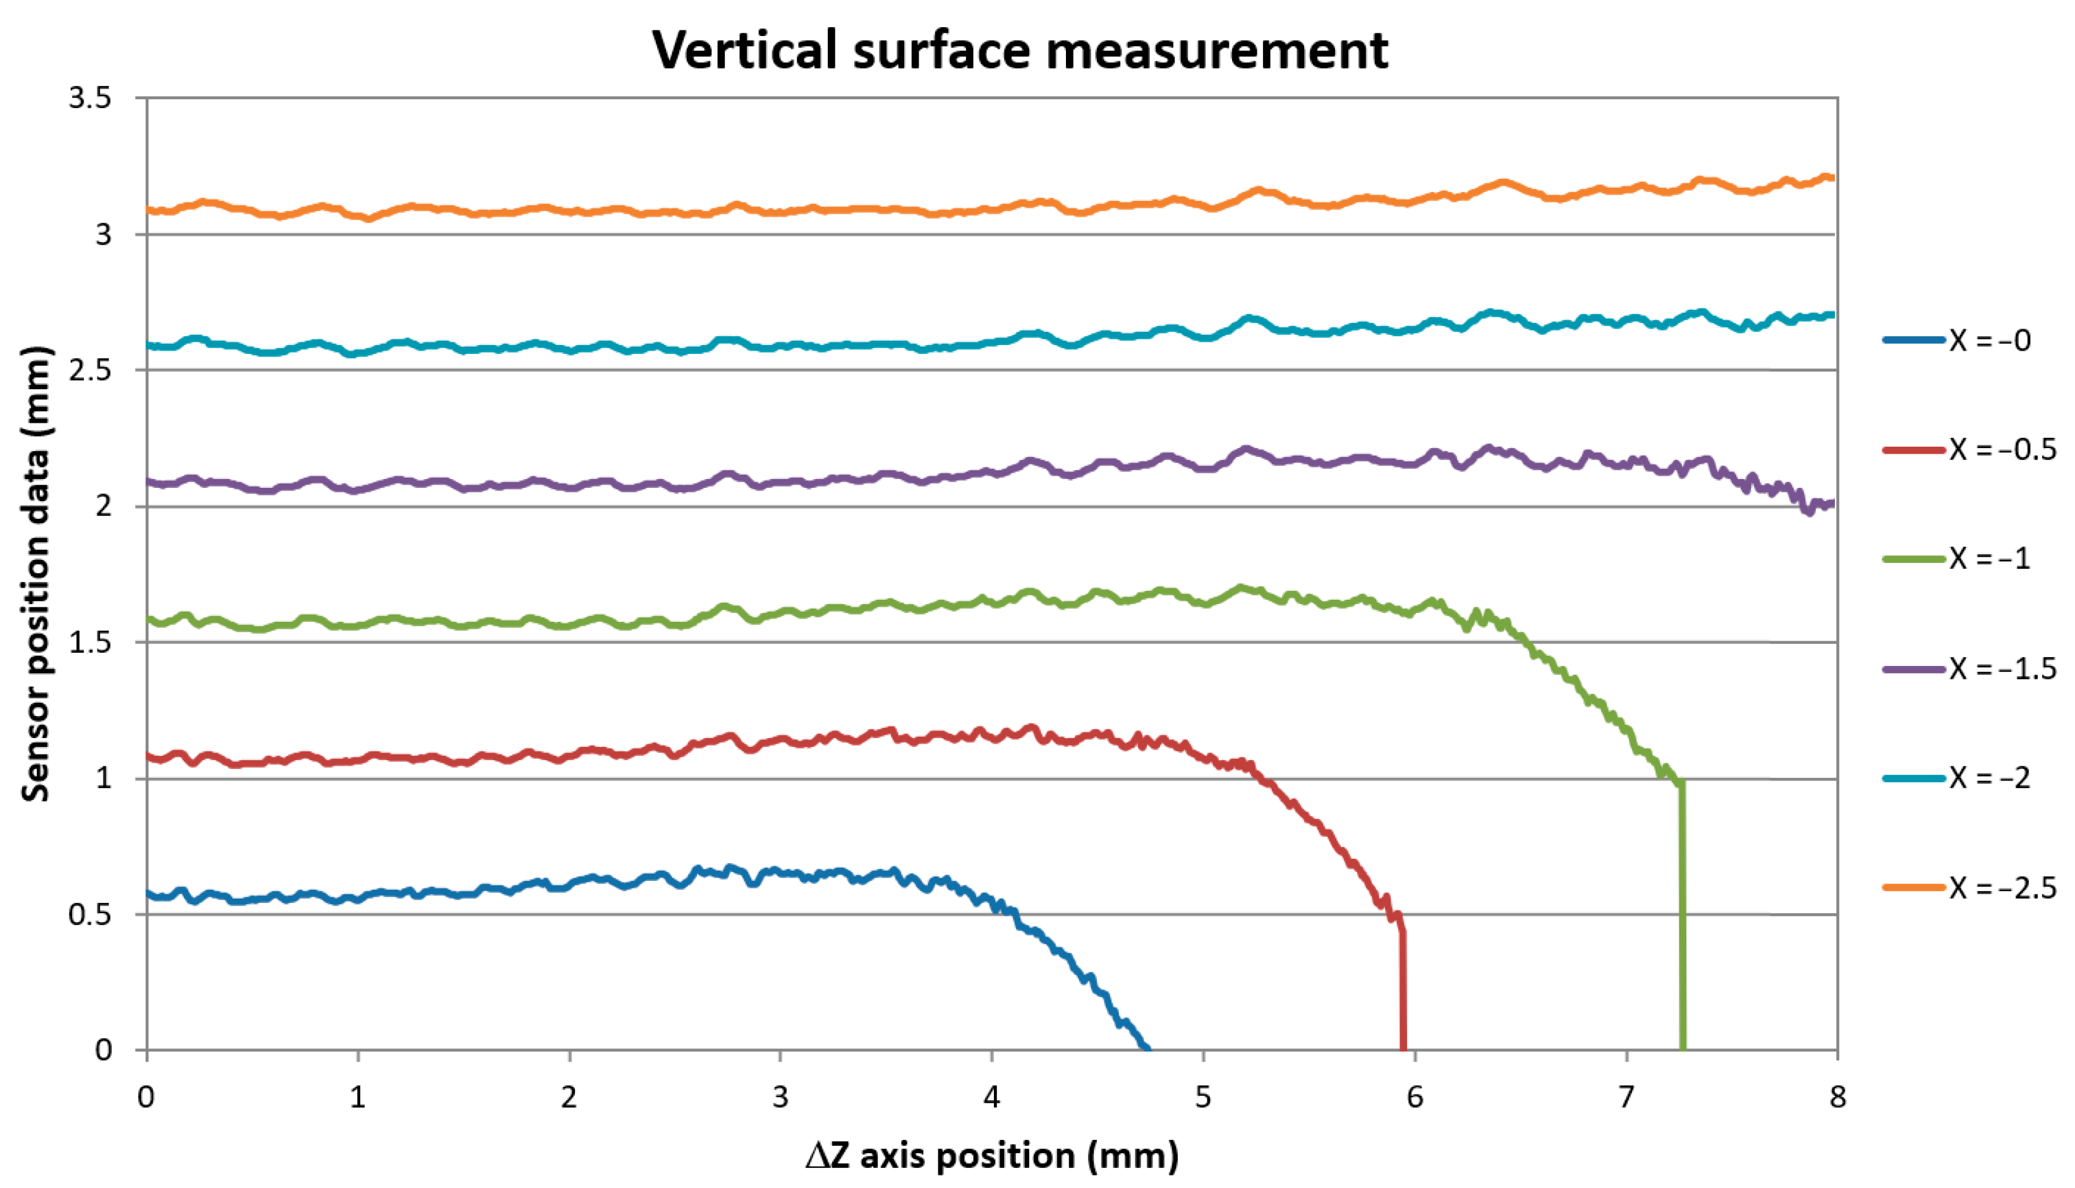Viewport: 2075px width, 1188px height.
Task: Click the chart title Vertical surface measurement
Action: [x=1020, y=51]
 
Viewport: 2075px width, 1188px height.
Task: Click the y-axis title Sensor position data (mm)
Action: [x=37, y=574]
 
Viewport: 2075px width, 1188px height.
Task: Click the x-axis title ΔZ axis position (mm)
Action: [x=991, y=1155]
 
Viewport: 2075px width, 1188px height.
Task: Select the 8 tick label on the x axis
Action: [x=1836, y=1098]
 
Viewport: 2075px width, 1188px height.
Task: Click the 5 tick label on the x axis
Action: [x=1202, y=1098]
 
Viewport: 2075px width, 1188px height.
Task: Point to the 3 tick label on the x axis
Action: [x=780, y=1098]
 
